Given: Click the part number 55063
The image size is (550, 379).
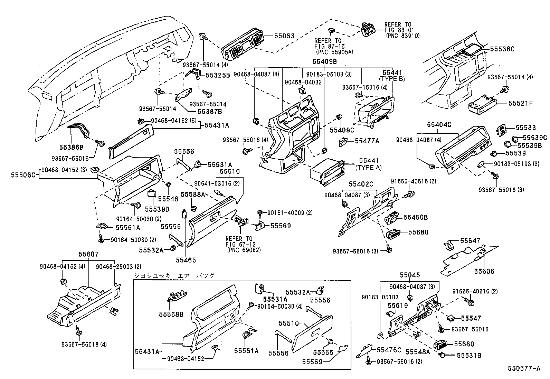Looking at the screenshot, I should click(x=284, y=36).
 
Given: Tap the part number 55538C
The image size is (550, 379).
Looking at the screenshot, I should click(x=502, y=49).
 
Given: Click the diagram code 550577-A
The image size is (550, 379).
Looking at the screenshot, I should click(x=523, y=369).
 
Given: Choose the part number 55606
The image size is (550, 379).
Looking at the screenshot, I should click(x=484, y=271).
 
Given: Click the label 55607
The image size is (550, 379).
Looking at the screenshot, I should click(x=88, y=255).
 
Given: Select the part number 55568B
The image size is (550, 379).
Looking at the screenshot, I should click(x=171, y=314).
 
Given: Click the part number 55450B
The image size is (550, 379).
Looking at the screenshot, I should click(x=416, y=217).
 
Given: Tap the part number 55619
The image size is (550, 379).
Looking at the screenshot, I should click(x=398, y=305).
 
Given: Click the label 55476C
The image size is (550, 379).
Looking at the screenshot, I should click(x=389, y=350).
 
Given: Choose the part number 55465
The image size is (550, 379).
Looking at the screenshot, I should click(x=185, y=260).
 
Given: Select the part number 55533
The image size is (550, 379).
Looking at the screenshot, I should click(x=526, y=128).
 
